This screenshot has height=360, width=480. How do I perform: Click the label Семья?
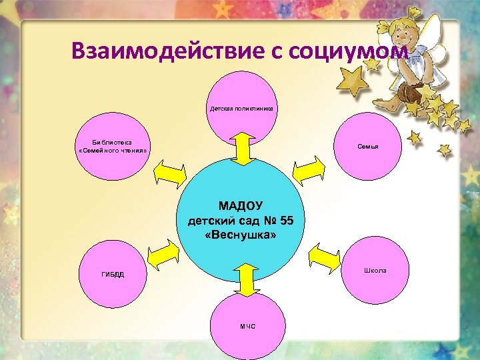(x=368, y=146)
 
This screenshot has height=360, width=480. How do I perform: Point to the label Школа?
(x=375, y=270)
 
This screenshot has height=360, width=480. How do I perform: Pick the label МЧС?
(x=247, y=325)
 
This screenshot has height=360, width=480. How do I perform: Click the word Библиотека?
(x=112, y=142)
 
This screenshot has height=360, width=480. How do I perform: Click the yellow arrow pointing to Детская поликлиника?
(x=243, y=147)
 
